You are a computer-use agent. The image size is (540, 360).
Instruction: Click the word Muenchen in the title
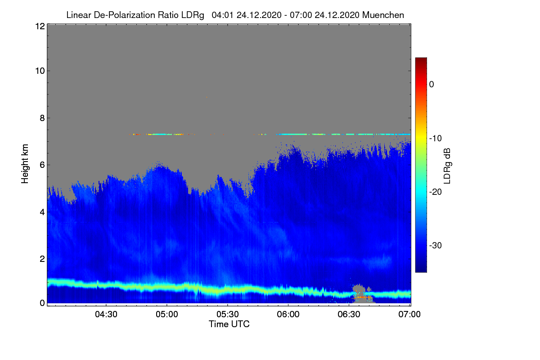tap(383, 15)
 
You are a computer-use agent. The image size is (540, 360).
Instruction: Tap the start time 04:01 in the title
tap(222, 15)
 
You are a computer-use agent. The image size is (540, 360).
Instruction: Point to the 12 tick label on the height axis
tap(40, 26)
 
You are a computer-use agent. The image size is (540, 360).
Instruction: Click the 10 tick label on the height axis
tap(40, 71)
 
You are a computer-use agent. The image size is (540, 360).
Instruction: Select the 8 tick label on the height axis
tap(42, 118)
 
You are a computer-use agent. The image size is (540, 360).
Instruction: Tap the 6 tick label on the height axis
tap(42, 165)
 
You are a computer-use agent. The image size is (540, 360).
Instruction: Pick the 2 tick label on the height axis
tap(42, 259)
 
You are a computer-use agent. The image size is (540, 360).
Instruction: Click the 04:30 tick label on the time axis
tap(106, 315)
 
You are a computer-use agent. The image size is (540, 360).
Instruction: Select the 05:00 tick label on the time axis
tap(167, 315)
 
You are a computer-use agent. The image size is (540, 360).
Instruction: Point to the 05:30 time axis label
tap(228, 315)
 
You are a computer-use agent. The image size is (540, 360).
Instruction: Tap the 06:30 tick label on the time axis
tap(349, 315)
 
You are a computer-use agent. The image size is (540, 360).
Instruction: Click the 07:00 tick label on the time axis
tap(409, 315)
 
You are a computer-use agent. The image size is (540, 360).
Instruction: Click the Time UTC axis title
tap(229, 324)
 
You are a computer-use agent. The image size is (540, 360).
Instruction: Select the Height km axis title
tap(25, 164)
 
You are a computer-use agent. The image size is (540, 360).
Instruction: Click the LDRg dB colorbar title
tap(447, 166)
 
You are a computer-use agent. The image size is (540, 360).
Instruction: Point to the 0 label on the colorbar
tap(432, 85)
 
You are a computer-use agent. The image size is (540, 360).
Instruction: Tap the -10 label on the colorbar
tap(436, 139)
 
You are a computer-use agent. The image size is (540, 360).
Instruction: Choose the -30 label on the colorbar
tap(436, 245)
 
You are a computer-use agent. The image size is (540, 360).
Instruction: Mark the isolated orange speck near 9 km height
tap(207, 97)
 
